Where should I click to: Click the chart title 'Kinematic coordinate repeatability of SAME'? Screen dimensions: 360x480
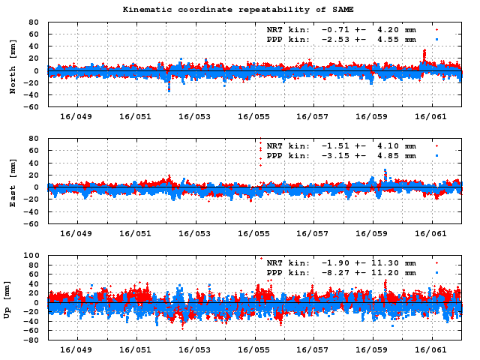[x=238, y=10]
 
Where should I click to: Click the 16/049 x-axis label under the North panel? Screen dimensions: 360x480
[x=77, y=117]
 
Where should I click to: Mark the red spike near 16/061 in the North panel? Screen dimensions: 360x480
[x=424, y=54]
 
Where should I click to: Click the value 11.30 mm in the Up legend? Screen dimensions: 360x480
[x=387, y=263]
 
